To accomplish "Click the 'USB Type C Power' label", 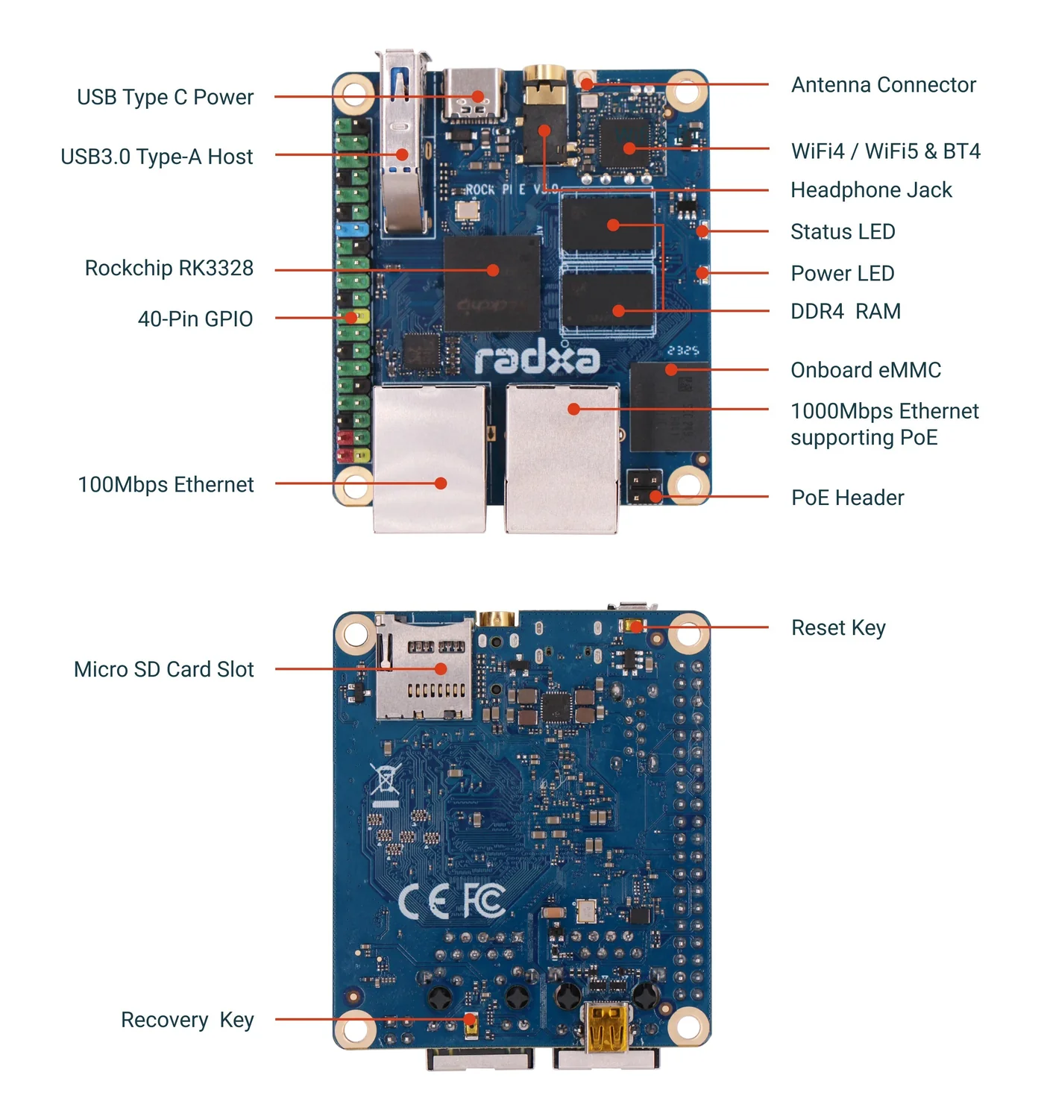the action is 165,97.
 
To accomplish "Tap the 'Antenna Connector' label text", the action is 883,84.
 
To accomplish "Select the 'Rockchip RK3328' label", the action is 169,268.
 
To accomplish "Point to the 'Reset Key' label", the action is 837,627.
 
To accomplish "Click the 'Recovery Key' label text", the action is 187,1019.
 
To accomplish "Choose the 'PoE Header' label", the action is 847,498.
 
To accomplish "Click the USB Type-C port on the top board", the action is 473,95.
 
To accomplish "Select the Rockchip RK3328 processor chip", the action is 491,283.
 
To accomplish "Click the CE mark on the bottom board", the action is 423,900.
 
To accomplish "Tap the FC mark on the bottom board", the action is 484,899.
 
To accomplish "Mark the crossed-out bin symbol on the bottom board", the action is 386,779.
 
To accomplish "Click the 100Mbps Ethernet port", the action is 430,458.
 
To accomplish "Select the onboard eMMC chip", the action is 669,407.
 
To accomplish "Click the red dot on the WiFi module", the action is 629,148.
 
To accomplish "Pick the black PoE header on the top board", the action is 644,487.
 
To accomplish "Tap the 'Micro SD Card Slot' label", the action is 163,668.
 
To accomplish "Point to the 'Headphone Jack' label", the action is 871,190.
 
